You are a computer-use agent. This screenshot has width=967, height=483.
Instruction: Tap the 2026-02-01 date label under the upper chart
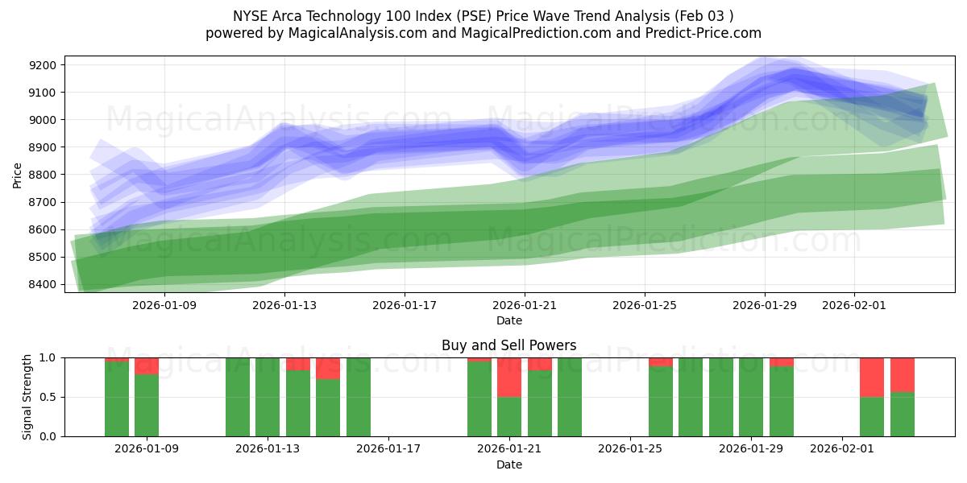[x=854, y=306]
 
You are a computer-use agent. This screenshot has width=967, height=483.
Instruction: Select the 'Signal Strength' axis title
[x=27, y=397]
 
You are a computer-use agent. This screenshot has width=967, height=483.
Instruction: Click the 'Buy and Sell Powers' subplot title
[x=508, y=345]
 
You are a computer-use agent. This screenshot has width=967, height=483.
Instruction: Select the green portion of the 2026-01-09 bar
[x=147, y=406]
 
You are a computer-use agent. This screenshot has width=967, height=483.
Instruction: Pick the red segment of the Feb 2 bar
[x=872, y=377]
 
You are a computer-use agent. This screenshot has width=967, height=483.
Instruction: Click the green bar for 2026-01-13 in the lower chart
[x=268, y=397]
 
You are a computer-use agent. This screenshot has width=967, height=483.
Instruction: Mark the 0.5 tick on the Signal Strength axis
[x=49, y=397]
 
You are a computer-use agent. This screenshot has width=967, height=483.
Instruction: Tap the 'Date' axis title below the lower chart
[x=508, y=464]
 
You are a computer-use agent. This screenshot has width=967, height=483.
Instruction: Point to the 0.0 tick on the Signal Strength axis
[x=49, y=436]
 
